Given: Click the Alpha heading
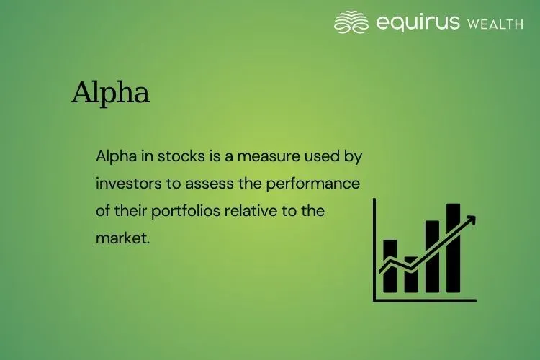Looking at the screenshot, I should click(x=110, y=94).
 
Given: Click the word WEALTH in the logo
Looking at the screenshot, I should click(x=495, y=24).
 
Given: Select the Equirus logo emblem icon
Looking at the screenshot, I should click(x=351, y=22).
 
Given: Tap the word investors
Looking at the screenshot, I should click(x=129, y=184).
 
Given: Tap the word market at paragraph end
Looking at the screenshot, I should click(x=122, y=238).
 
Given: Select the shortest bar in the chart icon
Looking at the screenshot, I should click(x=411, y=276).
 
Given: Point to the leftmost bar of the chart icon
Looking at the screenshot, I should click(x=390, y=266).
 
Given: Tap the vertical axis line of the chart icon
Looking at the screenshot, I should click(x=374, y=248).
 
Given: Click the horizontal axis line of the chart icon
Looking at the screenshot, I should click(x=425, y=300).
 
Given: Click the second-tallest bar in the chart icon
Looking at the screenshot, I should click(x=432, y=258).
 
